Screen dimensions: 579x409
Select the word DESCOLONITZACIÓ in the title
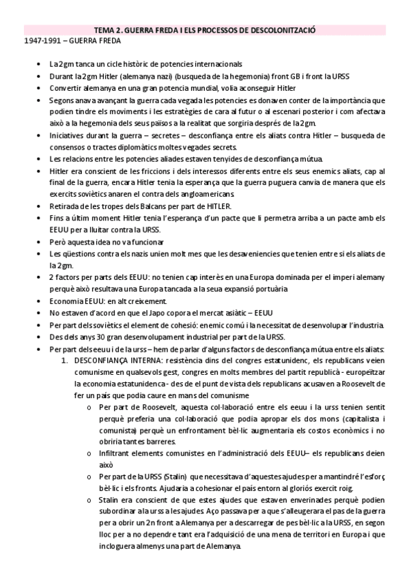pos(289,31)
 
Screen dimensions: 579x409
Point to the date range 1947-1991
pos(39,41)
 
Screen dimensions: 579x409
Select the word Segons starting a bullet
pos(62,100)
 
